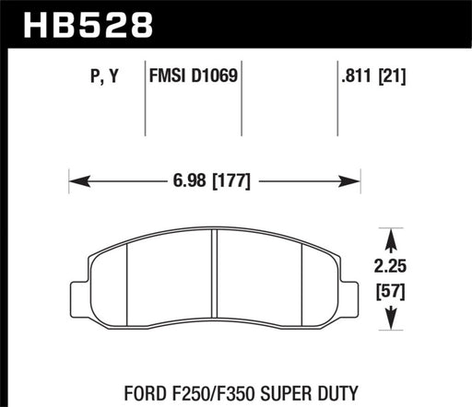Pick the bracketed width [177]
click(230, 180)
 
